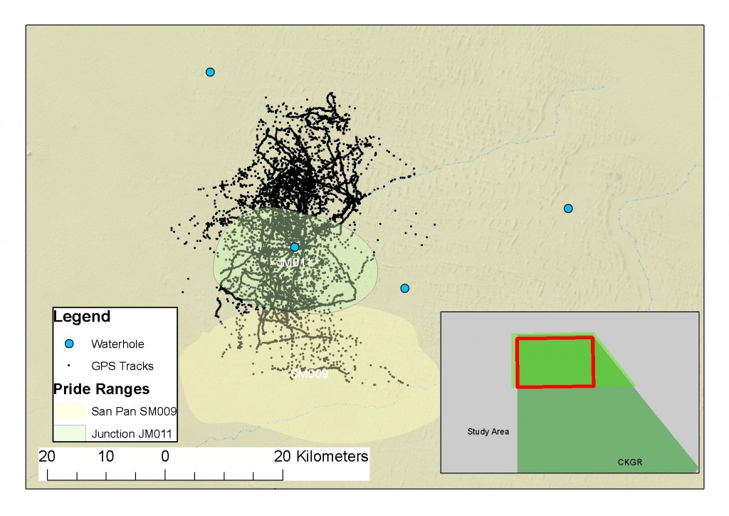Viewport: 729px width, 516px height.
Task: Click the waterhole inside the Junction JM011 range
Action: (294, 247)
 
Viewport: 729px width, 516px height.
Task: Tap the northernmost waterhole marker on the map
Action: (210, 72)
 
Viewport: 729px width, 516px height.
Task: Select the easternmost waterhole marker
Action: (568, 208)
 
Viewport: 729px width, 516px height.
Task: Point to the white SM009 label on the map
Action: (310, 373)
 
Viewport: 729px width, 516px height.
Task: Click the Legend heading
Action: (82, 316)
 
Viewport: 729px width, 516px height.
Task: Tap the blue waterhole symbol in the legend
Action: (69, 344)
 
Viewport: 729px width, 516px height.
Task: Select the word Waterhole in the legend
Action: (117, 344)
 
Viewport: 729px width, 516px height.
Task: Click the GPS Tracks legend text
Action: (122, 366)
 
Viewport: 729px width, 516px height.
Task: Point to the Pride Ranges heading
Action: (101, 389)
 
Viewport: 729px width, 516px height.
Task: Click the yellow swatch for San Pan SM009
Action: (69, 411)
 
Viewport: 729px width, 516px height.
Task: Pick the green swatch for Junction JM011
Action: (69, 433)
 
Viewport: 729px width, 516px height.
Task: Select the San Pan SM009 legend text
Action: (134, 411)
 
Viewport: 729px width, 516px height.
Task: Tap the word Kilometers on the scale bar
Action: (332, 456)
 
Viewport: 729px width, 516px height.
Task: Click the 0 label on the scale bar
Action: (165, 456)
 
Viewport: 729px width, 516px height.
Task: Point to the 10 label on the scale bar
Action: (106, 456)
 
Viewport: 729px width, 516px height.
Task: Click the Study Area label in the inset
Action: (488, 431)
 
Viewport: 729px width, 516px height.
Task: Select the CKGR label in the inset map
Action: (631, 463)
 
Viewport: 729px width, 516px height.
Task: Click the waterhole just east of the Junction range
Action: (404, 288)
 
